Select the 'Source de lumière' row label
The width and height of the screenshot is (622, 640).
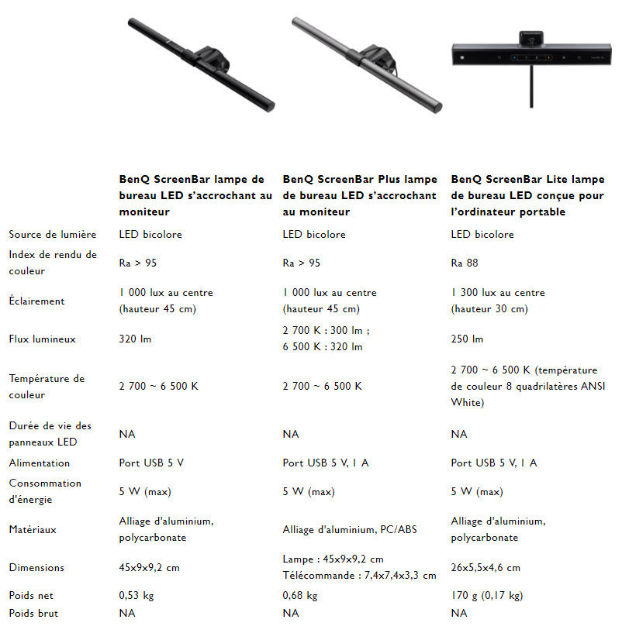coord(53,234)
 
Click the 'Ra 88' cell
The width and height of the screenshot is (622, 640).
coord(465,263)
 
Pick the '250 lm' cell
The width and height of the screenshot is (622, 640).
coord(467,339)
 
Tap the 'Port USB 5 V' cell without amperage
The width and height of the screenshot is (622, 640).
coord(151,463)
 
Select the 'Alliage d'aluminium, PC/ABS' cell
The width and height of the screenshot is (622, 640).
coord(350,529)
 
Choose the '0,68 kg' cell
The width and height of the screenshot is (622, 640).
coord(300,596)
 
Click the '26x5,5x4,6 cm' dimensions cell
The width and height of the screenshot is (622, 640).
coord(486,567)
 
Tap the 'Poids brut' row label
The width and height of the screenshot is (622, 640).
coord(33,613)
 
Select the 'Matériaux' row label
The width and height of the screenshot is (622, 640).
coord(33,529)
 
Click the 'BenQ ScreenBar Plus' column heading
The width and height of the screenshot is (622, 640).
coord(360,195)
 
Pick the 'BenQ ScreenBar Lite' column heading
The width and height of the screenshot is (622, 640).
coord(527,195)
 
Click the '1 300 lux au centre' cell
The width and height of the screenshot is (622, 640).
coord(498,293)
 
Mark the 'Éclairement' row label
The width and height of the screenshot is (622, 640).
coord(36,301)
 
